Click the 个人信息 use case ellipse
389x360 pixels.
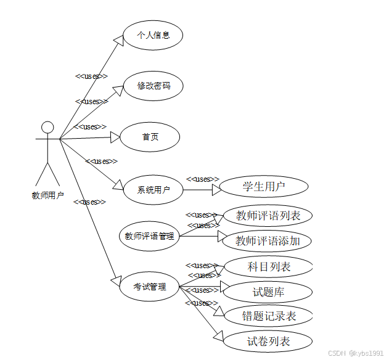153,35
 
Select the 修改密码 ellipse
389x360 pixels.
153,86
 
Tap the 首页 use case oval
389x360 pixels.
150,137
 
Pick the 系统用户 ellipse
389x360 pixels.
153,190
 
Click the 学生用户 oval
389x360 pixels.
264,186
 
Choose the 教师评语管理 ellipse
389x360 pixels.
149,235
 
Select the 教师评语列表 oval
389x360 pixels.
268,216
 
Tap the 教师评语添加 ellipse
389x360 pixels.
268,240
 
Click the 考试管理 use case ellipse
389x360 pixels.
149,287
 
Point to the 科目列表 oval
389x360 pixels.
269,267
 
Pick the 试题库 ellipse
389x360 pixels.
269,292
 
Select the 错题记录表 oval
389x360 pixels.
269,316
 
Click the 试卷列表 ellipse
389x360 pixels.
269,341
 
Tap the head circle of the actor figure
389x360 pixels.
47,128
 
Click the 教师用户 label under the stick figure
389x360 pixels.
47,196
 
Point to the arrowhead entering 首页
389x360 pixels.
115,137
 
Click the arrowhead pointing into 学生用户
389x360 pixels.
216,190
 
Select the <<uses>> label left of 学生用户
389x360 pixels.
203,179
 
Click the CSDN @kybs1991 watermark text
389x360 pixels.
356,353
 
